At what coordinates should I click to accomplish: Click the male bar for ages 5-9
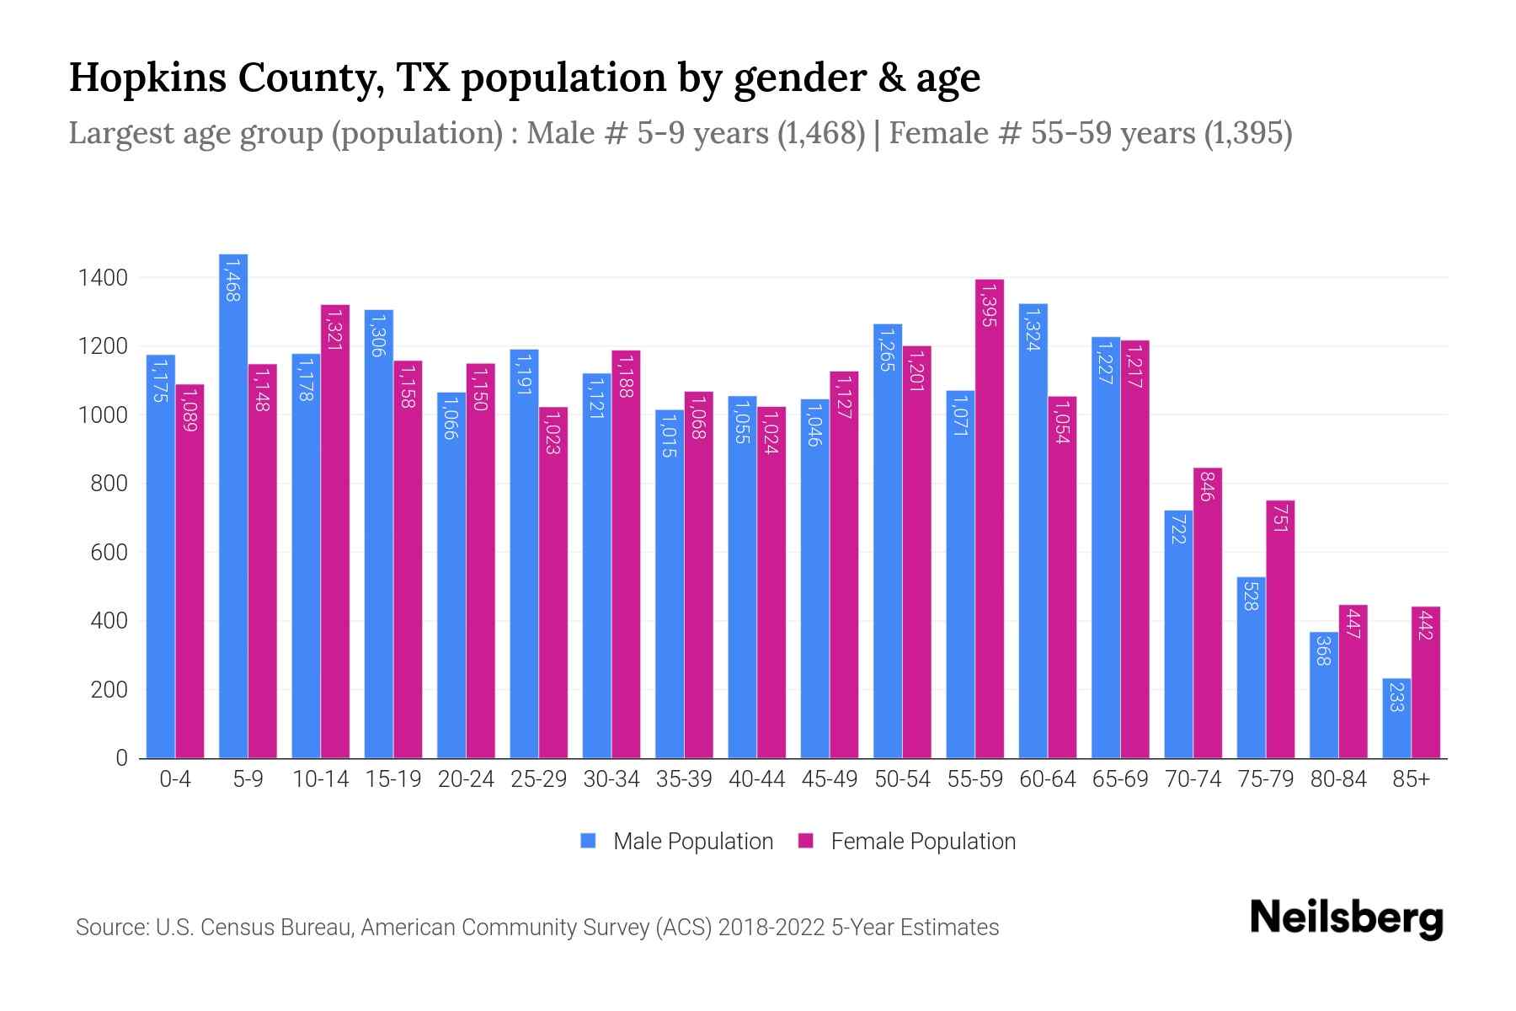[x=233, y=505]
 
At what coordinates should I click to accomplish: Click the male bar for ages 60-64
[x=1033, y=531]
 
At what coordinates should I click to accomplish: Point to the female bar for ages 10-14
[x=335, y=531]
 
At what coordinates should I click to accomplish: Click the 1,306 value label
[x=378, y=334]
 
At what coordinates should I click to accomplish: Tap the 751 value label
[x=1280, y=516]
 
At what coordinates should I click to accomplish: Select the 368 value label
[x=1323, y=650]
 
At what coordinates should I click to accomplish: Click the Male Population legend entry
[x=676, y=842]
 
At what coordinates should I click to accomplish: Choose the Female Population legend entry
[x=906, y=842]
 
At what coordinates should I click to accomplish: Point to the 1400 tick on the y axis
[x=103, y=277]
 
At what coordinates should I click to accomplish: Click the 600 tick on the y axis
[x=109, y=553]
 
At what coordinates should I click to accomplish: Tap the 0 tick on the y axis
[x=121, y=758]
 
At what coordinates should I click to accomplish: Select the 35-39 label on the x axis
[x=684, y=779]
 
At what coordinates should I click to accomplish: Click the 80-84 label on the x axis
[x=1338, y=779]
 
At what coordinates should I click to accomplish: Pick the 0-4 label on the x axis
[x=175, y=779]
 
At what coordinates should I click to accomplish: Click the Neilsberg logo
[x=1346, y=918]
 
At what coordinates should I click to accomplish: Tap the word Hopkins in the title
[x=147, y=78]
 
